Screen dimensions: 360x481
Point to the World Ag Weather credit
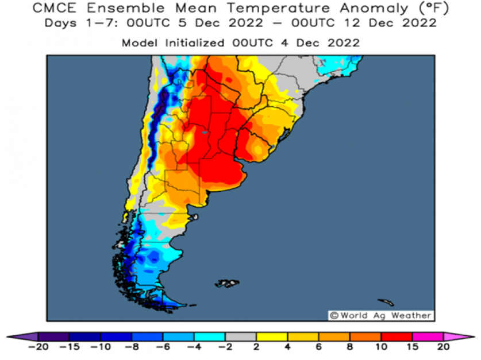coord(380,315)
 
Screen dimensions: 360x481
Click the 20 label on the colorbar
coord(443,347)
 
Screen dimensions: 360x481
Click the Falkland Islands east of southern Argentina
coord(228,283)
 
